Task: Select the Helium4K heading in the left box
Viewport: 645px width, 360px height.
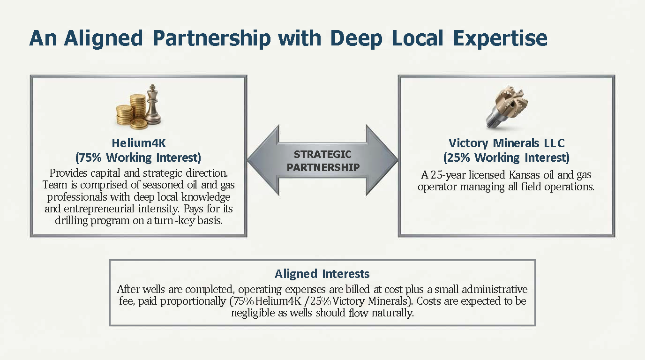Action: tap(139, 142)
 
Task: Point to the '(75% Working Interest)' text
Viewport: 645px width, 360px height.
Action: tap(139, 157)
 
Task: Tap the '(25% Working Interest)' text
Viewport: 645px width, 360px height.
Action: tap(506, 157)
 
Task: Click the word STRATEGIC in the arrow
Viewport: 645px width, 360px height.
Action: tap(322, 154)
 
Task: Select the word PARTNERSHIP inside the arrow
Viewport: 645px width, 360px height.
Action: tap(323, 167)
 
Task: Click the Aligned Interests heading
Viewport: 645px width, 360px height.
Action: tap(322, 274)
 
